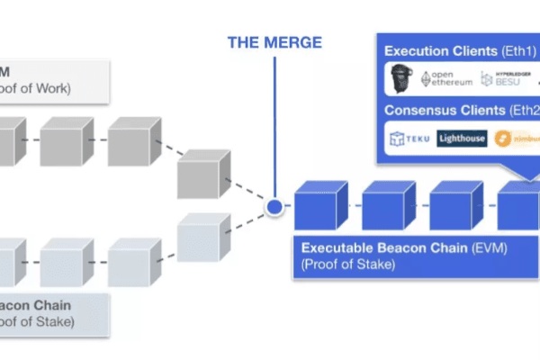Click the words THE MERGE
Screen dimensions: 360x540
pos(274,42)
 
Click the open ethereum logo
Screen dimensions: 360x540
pos(448,78)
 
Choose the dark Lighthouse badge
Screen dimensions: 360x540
pos(462,139)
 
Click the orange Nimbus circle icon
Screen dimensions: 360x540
pos(504,139)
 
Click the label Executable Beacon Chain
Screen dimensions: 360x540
pos(368,247)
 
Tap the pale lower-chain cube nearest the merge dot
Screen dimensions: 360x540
pos(202,238)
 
